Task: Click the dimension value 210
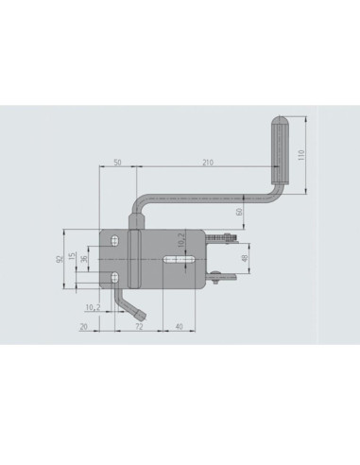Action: (x=206, y=163)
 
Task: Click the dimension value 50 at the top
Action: (x=117, y=163)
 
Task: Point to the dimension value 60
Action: (x=239, y=211)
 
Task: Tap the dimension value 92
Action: (x=59, y=258)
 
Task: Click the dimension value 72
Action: (x=139, y=325)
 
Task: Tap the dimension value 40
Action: (x=180, y=325)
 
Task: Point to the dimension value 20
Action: (x=83, y=325)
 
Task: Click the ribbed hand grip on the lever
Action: (x=280, y=150)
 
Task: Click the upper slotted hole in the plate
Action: (x=114, y=238)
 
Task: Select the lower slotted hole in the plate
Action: (x=114, y=277)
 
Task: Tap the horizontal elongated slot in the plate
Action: (x=180, y=257)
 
